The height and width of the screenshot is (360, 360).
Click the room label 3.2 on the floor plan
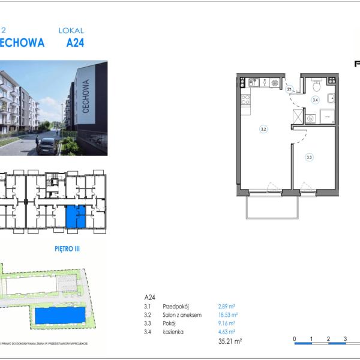point(263,128)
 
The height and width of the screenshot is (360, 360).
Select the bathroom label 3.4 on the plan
point(315,100)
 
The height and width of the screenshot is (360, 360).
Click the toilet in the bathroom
point(315,86)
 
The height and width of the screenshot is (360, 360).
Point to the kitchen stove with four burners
point(245,100)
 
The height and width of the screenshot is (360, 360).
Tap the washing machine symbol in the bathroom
point(310,119)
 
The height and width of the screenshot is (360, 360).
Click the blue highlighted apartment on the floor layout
point(71,216)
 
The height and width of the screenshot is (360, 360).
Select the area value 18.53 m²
point(227,314)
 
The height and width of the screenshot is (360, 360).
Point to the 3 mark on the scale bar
point(346,339)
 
